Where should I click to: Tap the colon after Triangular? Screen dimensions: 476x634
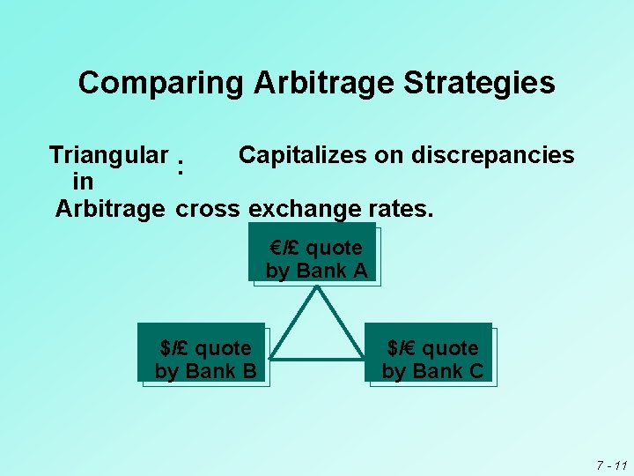tap(180, 165)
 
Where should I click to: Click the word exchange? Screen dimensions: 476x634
tap(305, 210)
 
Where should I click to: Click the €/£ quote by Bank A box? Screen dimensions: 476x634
tap(315, 258)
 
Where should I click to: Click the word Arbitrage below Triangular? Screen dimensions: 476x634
tap(110, 210)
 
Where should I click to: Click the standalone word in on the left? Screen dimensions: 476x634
tap(84, 182)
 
